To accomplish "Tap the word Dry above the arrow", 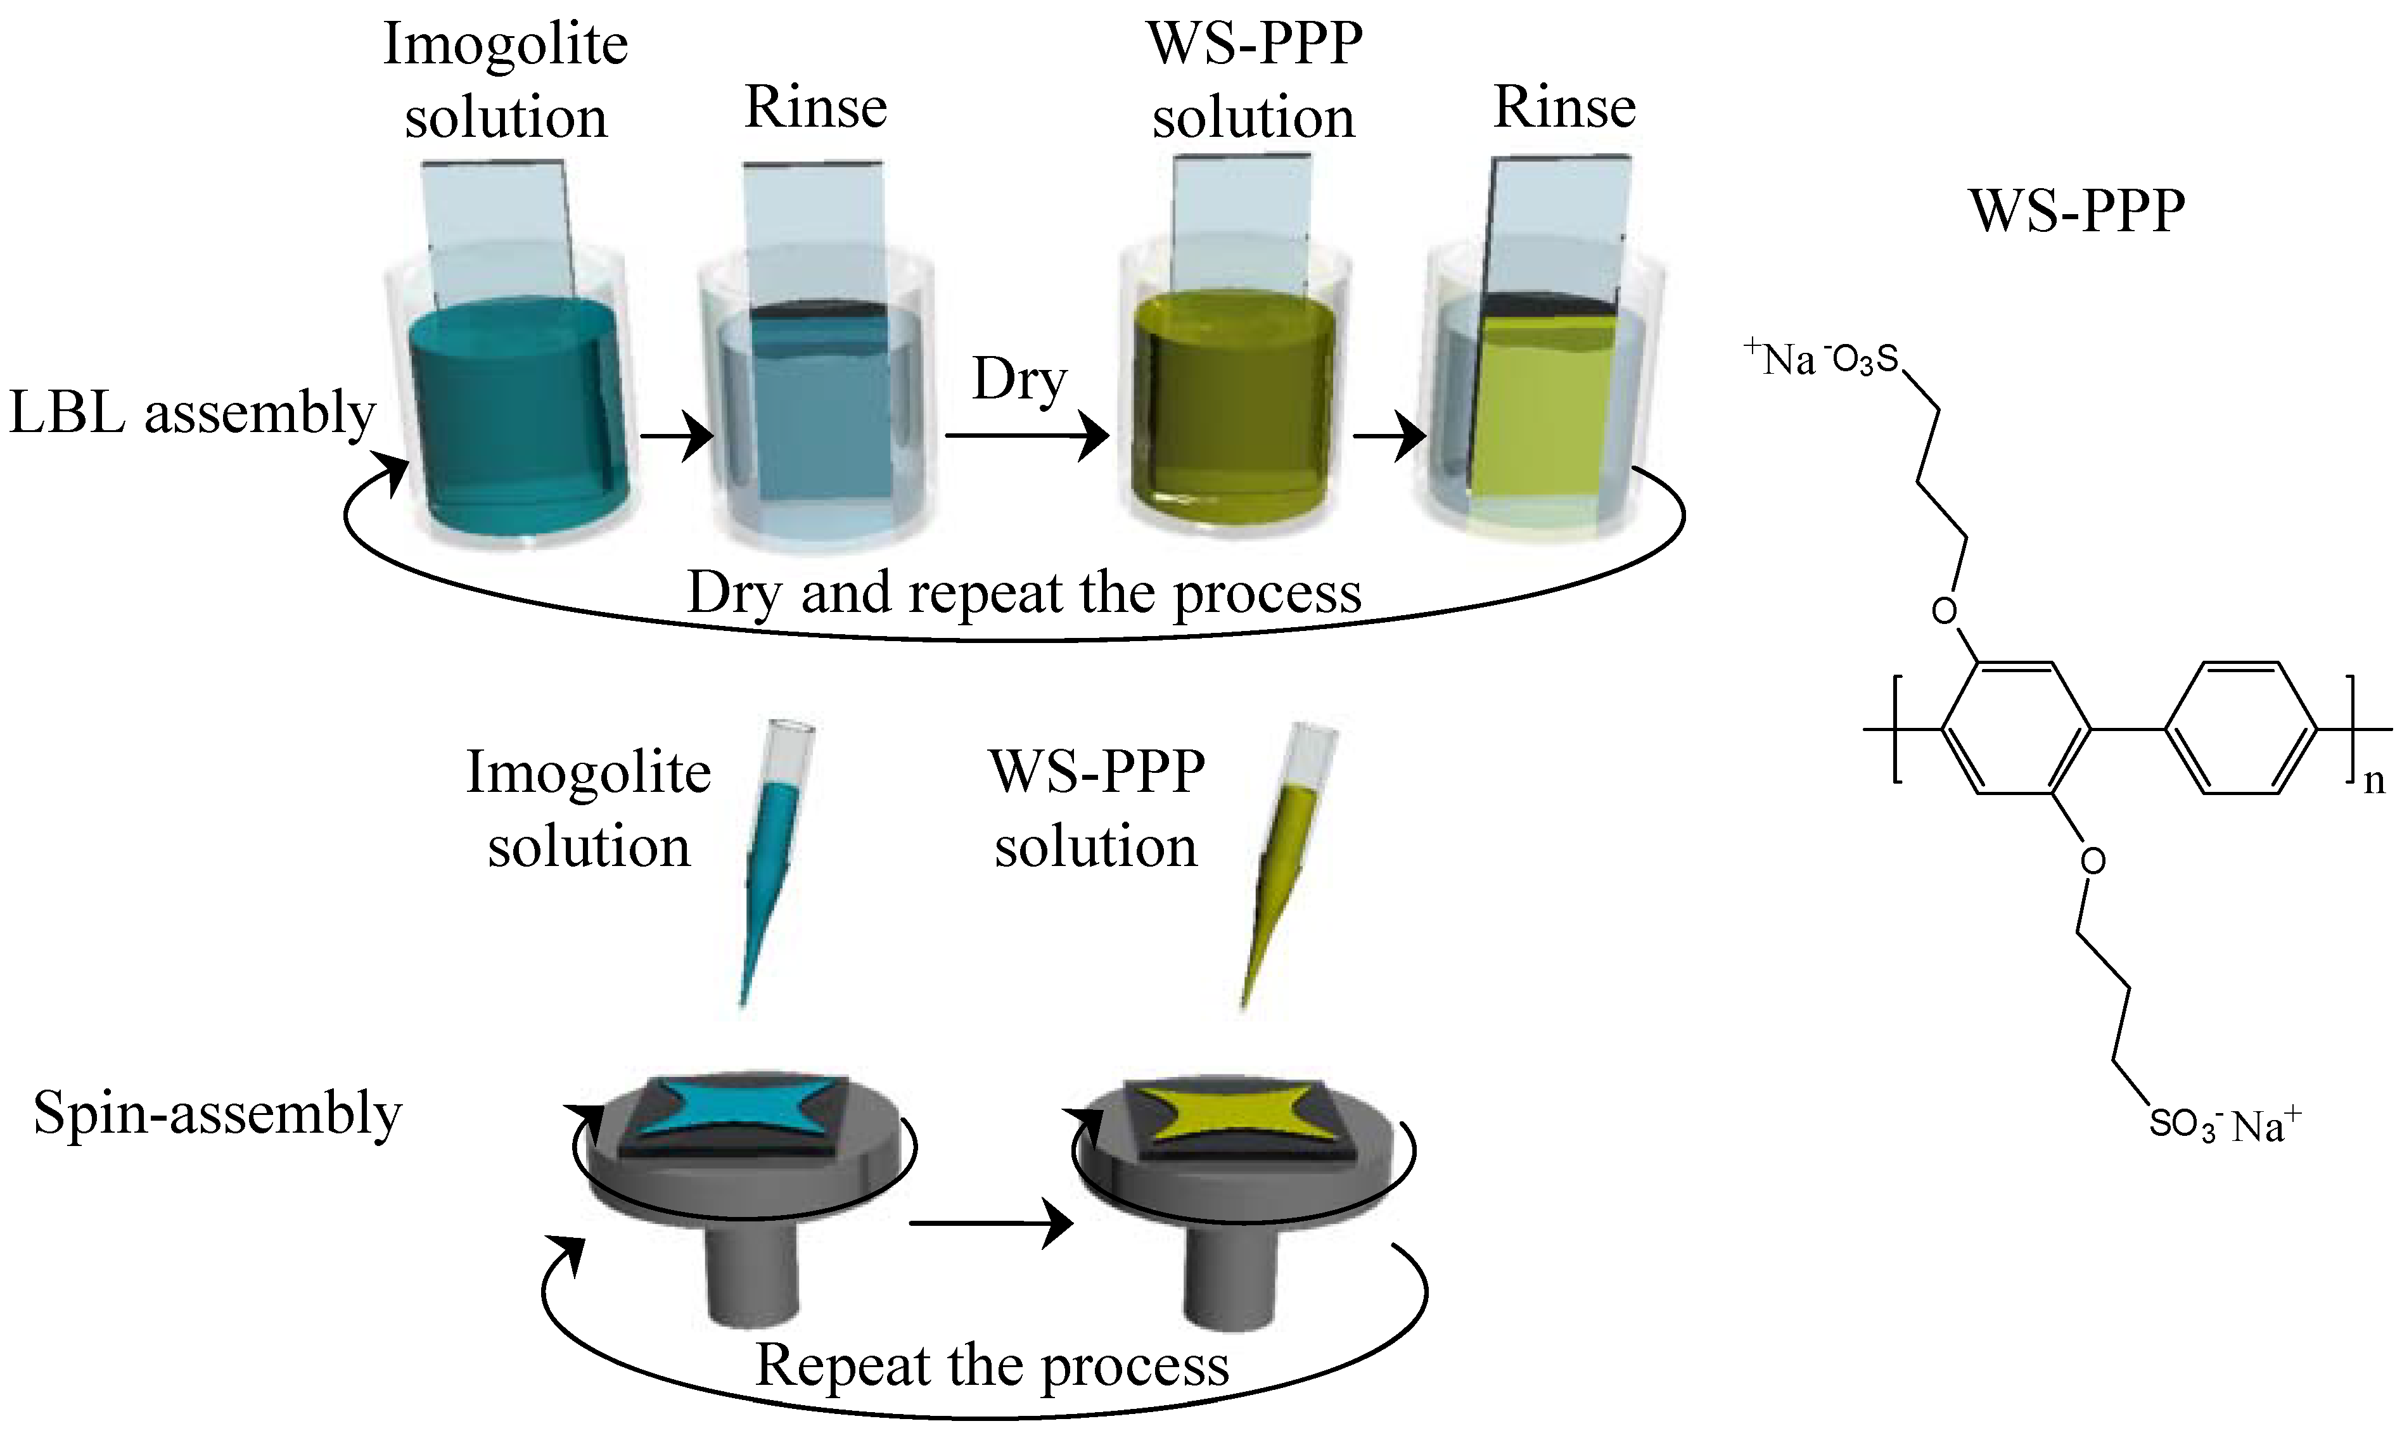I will pos(1019,379).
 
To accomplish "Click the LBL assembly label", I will pos(191,413).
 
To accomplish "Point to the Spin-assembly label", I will pos(217,1113).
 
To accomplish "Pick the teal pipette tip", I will pos(768,869).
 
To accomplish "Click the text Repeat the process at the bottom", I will pos(992,1365).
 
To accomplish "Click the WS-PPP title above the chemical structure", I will pos(2076,210).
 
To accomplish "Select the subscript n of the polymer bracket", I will pos(2373,780).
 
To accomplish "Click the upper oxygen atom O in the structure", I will pos(1943,610).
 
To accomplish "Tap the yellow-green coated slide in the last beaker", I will pos(1540,415).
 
